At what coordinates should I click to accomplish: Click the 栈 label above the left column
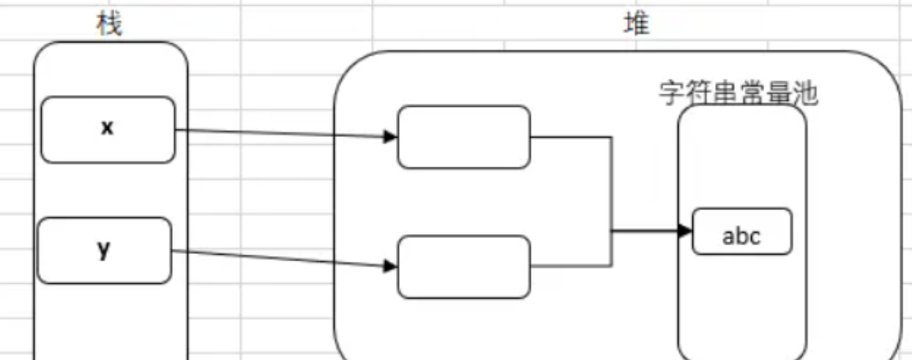[x=109, y=25]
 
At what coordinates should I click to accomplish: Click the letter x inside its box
[x=108, y=127]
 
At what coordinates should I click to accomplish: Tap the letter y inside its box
[x=104, y=249]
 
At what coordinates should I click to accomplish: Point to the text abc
[x=741, y=236]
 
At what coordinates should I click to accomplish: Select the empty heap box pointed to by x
[x=463, y=137]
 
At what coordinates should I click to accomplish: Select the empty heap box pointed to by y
[x=463, y=266]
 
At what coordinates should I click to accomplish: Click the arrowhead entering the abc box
[x=685, y=231]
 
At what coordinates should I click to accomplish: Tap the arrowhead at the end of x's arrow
[x=391, y=136]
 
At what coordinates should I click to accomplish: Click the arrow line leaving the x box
[x=278, y=133]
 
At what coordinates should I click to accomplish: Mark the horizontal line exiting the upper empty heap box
[x=571, y=137]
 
